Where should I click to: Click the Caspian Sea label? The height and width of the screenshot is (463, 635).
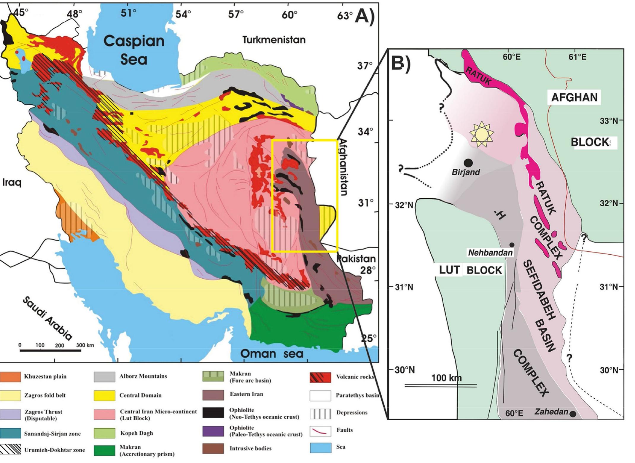134,50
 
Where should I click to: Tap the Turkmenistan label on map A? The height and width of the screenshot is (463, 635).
273,40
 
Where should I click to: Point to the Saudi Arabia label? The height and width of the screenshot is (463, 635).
47,318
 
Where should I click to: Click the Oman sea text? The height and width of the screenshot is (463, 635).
272,353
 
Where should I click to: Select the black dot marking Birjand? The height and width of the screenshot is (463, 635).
468,162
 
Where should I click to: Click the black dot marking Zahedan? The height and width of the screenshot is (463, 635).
573,414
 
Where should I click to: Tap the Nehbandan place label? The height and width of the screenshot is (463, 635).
490,253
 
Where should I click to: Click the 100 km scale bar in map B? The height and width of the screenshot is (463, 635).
441,386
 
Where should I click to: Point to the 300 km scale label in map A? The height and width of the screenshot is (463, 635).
85,345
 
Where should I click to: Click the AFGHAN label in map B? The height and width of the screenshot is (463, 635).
574,98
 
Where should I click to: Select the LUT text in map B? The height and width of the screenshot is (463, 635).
449,270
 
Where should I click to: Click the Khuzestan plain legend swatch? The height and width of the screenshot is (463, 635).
10,377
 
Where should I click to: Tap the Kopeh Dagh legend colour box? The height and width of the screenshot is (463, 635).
104,433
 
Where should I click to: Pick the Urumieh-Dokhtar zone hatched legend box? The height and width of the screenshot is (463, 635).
10,450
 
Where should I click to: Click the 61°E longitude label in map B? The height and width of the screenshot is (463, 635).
577,57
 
